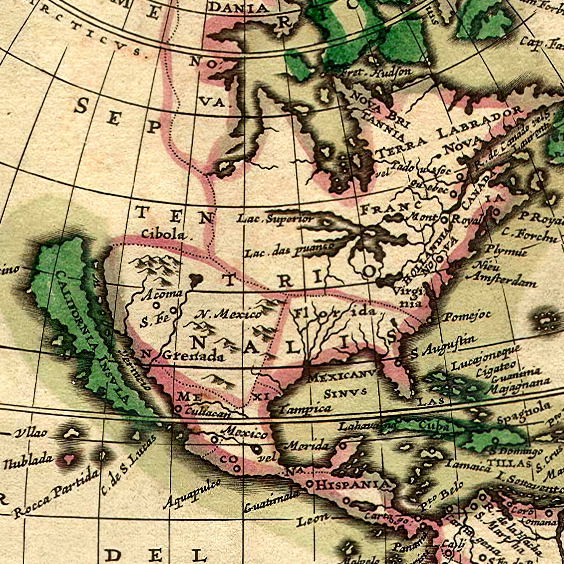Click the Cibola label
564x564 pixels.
163,234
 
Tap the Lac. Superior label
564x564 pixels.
276,219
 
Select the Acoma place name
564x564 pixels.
162,294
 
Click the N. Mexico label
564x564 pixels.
229,314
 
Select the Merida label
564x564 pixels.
308,445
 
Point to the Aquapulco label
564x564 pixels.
192,494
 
